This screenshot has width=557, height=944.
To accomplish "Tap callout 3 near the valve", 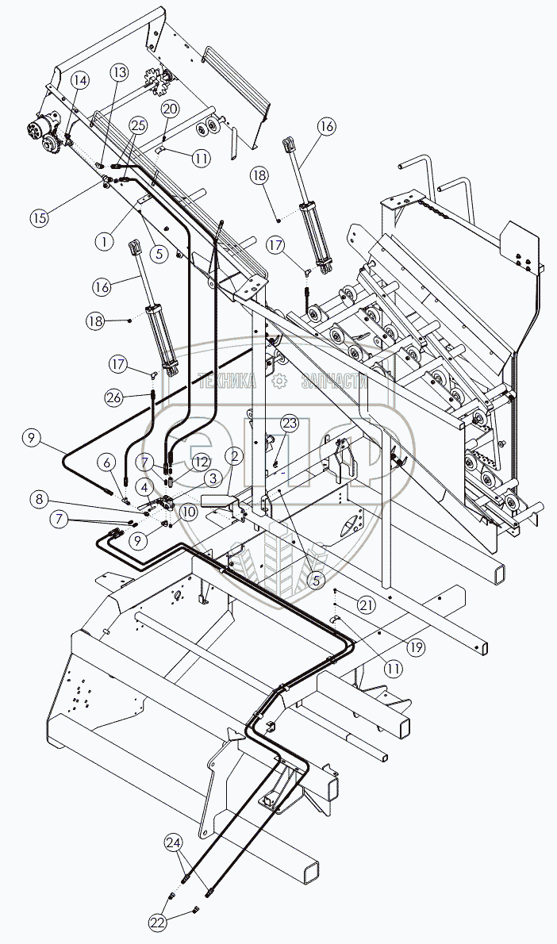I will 213,478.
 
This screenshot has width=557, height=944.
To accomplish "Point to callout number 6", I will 106,462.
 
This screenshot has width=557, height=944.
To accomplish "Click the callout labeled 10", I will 189,513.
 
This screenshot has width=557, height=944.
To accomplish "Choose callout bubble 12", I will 200,461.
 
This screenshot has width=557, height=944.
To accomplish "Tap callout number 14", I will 80,80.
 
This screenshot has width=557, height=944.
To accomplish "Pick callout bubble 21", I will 366,604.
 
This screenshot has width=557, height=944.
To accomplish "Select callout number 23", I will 289,423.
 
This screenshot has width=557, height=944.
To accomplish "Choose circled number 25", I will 137,126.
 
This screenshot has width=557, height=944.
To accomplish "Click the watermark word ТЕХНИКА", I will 227,382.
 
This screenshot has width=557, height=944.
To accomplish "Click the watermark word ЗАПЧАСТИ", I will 334,382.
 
